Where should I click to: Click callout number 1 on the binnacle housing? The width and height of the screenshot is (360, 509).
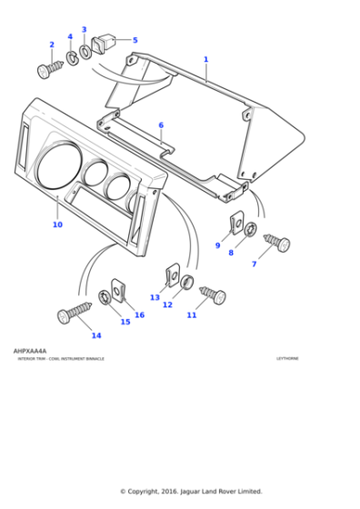pyautogui.click(x=205, y=59)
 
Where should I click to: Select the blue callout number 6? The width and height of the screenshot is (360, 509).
pyautogui.click(x=161, y=125)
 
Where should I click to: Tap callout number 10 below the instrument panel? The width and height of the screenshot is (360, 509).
pyautogui.click(x=57, y=225)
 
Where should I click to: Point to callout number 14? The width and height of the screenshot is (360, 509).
pyautogui.click(x=95, y=335)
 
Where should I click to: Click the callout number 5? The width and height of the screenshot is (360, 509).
pyautogui.click(x=135, y=40)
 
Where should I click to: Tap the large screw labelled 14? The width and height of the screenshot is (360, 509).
pyautogui.click(x=75, y=312)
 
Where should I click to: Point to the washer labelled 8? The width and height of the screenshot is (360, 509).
pyautogui.click(x=250, y=227)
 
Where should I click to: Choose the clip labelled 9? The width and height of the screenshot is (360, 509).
pyautogui.click(x=234, y=221)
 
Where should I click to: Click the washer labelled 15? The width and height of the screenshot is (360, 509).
pyautogui.click(x=105, y=297)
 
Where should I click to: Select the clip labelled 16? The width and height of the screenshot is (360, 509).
pyautogui.click(x=118, y=289)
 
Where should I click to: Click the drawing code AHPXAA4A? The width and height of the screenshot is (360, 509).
pyautogui.click(x=30, y=350)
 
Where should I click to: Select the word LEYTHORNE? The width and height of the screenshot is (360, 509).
pyautogui.click(x=287, y=359)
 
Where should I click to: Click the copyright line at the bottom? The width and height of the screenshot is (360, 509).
pyautogui.click(x=191, y=490)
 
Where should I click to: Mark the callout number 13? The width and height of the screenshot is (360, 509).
pyautogui.click(x=155, y=297)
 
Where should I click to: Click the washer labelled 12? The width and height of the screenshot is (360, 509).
pyautogui.click(x=187, y=282)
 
